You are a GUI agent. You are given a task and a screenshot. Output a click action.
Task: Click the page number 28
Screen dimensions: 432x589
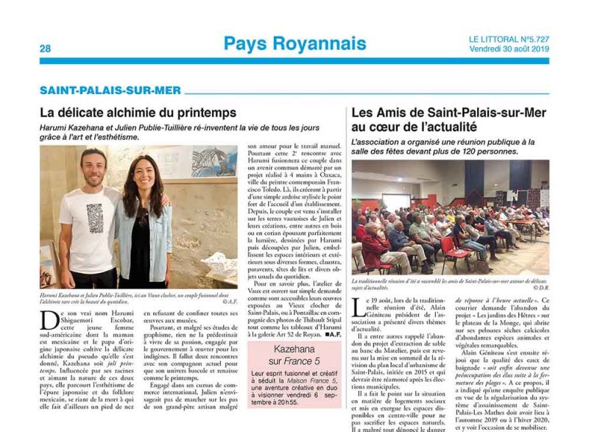tap(45, 49)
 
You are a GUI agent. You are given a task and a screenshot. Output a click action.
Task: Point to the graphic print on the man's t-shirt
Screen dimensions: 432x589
tap(94, 219)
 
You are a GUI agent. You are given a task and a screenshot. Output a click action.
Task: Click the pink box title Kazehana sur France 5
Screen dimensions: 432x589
tap(294, 354)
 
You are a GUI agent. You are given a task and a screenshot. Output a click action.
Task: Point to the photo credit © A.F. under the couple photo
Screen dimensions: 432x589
tap(229, 302)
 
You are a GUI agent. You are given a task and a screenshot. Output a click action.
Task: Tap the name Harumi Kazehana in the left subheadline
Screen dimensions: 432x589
tap(74, 127)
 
